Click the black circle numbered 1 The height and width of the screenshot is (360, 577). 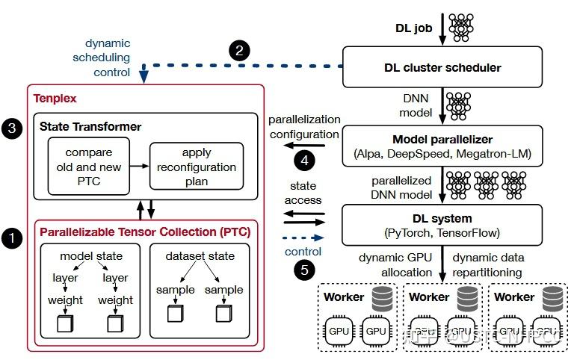13,239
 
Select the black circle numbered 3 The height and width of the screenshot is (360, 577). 13,128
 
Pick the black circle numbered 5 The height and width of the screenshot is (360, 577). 303,270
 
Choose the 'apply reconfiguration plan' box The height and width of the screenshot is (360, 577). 197,166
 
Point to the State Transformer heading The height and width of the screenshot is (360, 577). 90,127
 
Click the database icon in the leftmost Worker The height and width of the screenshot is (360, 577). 381,298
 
